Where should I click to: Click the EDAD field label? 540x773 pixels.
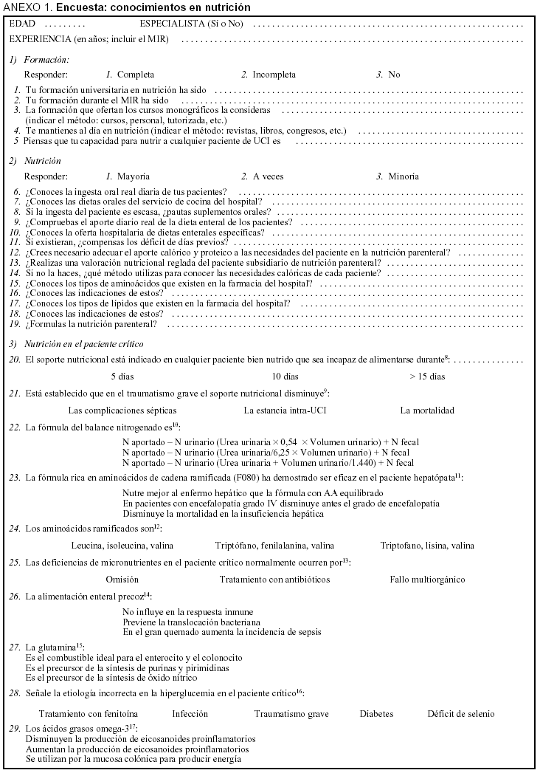click(23, 24)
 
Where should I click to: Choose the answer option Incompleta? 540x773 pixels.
click(274, 75)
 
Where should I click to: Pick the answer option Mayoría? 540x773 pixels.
click(134, 176)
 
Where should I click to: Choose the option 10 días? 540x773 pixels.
click(285, 377)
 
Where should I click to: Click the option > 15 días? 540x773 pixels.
click(427, 377)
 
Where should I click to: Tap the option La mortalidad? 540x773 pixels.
click(427, 410)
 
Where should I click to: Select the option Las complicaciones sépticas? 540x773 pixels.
click(122, 410)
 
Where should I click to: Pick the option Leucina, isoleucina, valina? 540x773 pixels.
click(122, 546)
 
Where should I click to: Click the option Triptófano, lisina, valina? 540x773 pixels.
click(427, 546)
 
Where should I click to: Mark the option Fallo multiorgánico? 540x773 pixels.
click(427, 580)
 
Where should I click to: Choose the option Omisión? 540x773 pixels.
click(122, 580)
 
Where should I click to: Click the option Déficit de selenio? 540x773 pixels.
click(460, 714)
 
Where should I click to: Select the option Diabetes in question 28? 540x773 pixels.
click(376, 714)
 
